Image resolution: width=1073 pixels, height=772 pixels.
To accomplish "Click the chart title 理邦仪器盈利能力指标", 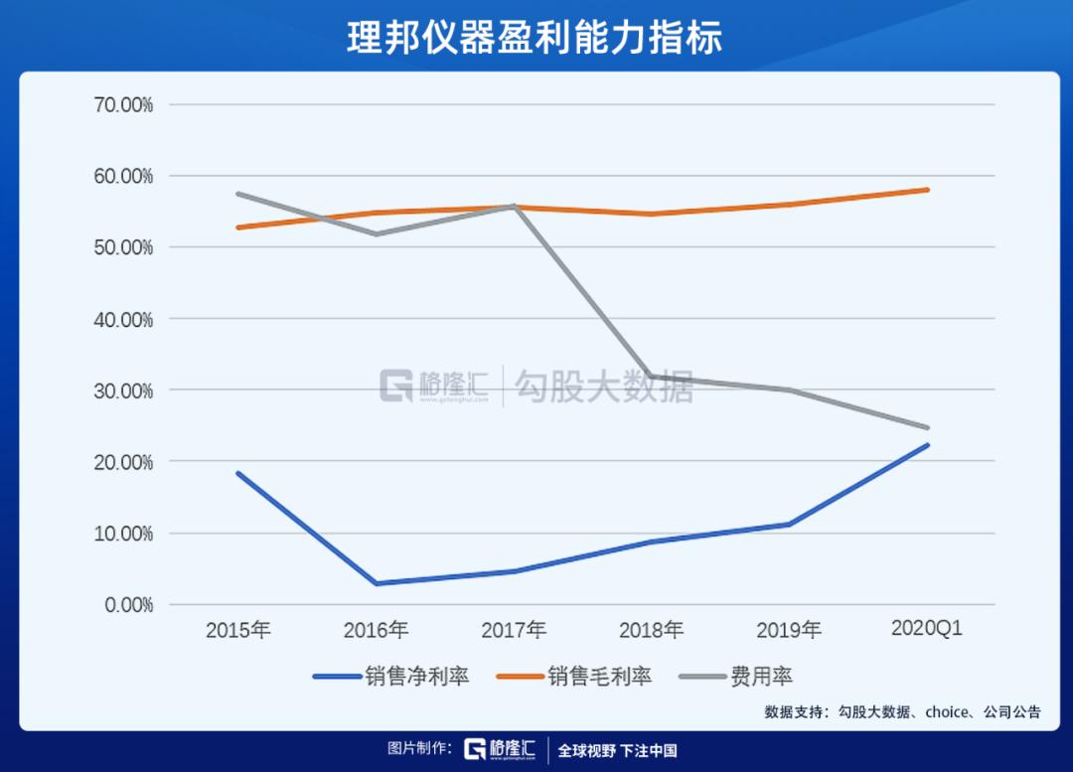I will pos(536,37).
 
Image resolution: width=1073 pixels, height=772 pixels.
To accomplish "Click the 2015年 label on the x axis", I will pos(238,630).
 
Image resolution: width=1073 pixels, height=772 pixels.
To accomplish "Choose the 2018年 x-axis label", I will pos(651,630).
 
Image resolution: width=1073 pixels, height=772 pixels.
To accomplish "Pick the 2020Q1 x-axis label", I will pos(927,629).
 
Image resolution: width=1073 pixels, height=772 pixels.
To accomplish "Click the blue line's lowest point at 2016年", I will pos(376,583).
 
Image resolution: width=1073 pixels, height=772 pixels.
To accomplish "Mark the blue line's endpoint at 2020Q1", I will pos(927,445).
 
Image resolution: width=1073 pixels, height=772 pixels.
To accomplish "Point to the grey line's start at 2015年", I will pos(238,194).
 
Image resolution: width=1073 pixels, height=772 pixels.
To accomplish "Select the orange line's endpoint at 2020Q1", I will pos(927,190).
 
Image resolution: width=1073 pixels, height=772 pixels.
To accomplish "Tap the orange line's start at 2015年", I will pos(238,228).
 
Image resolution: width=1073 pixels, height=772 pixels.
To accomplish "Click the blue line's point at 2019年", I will pos(789,525).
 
